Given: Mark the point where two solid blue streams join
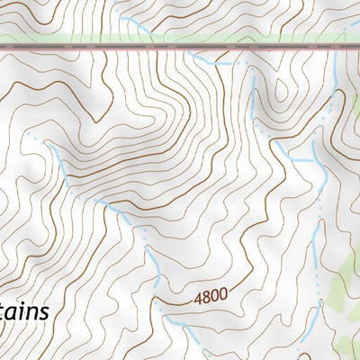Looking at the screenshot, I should coord(313,160).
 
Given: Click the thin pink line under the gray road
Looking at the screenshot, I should coord(180,45).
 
